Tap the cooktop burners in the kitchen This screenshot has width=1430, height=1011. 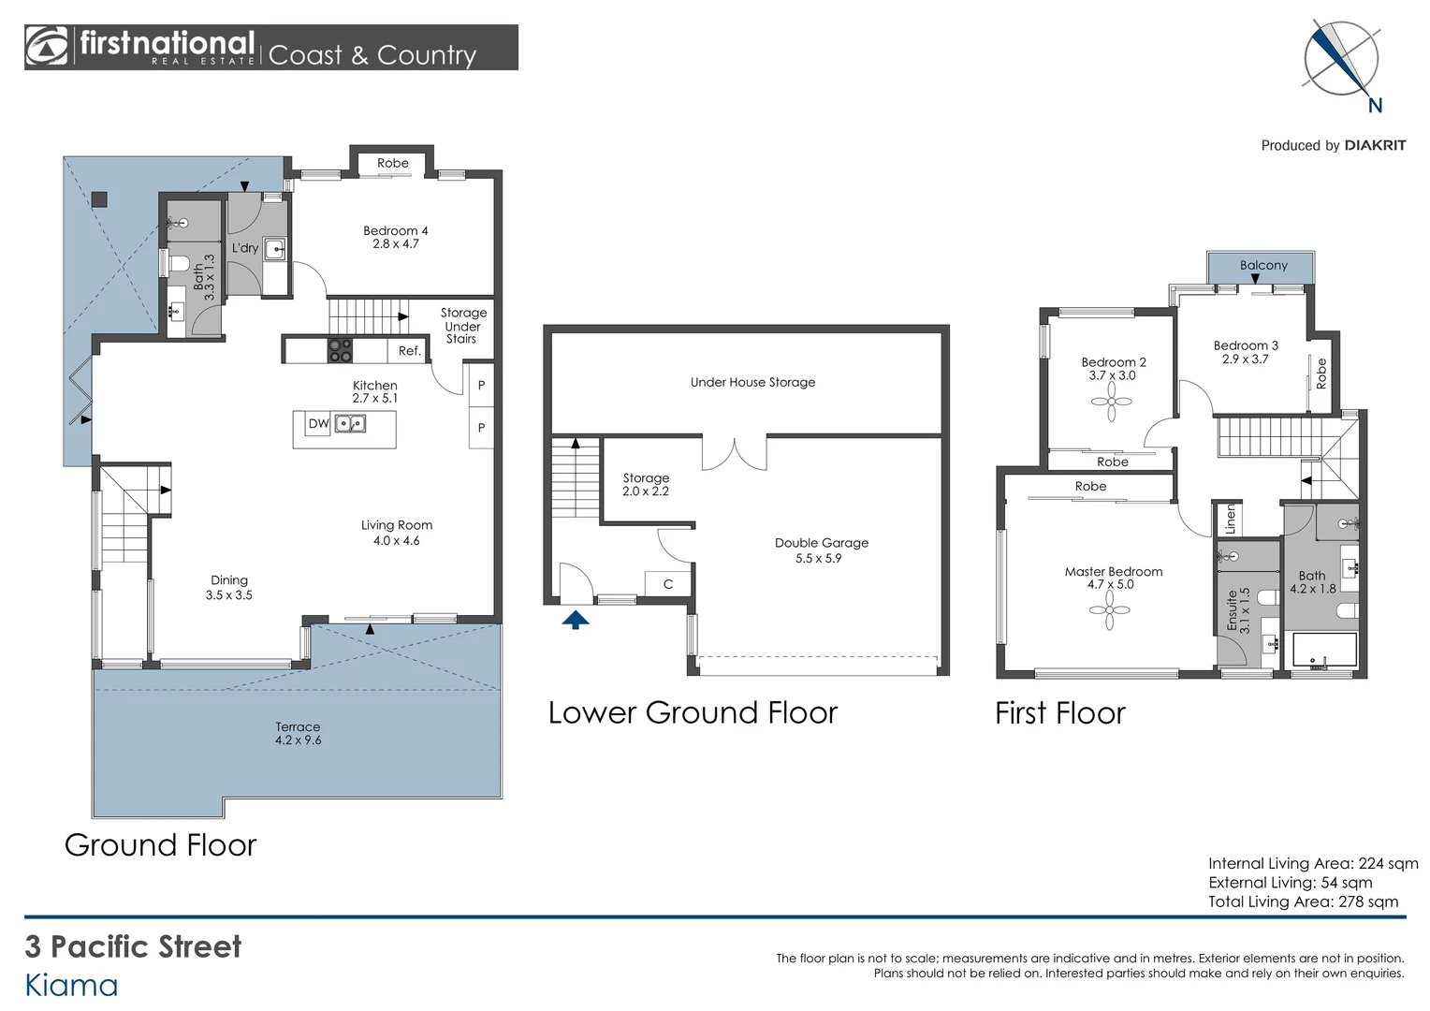pos(340,351)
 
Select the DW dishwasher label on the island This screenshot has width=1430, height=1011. pos(318,423)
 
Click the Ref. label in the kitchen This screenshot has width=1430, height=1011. pos(409,351)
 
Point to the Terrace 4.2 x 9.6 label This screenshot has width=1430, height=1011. pos(299,733)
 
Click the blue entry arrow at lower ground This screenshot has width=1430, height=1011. pos(576,620)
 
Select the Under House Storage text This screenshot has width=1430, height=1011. pos(752,382)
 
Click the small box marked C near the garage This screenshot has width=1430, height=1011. pos(668,584)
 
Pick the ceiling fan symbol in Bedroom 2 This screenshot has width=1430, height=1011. pos(1111,402)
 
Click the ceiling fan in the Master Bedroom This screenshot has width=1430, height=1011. pos(1109,610)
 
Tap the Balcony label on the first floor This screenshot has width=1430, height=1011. pos(1263,265)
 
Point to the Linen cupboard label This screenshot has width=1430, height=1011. pos(1231,519)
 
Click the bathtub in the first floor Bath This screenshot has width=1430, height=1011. pos(1324,651)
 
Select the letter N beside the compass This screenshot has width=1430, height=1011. pos(1375,106)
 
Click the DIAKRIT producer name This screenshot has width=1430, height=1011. pos(1375,146)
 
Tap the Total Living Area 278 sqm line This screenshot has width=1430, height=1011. pos(1303,901)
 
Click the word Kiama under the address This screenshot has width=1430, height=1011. pos(71,986)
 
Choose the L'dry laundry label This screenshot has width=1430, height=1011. pos(244,248)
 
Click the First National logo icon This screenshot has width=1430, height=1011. pos(47,47)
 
